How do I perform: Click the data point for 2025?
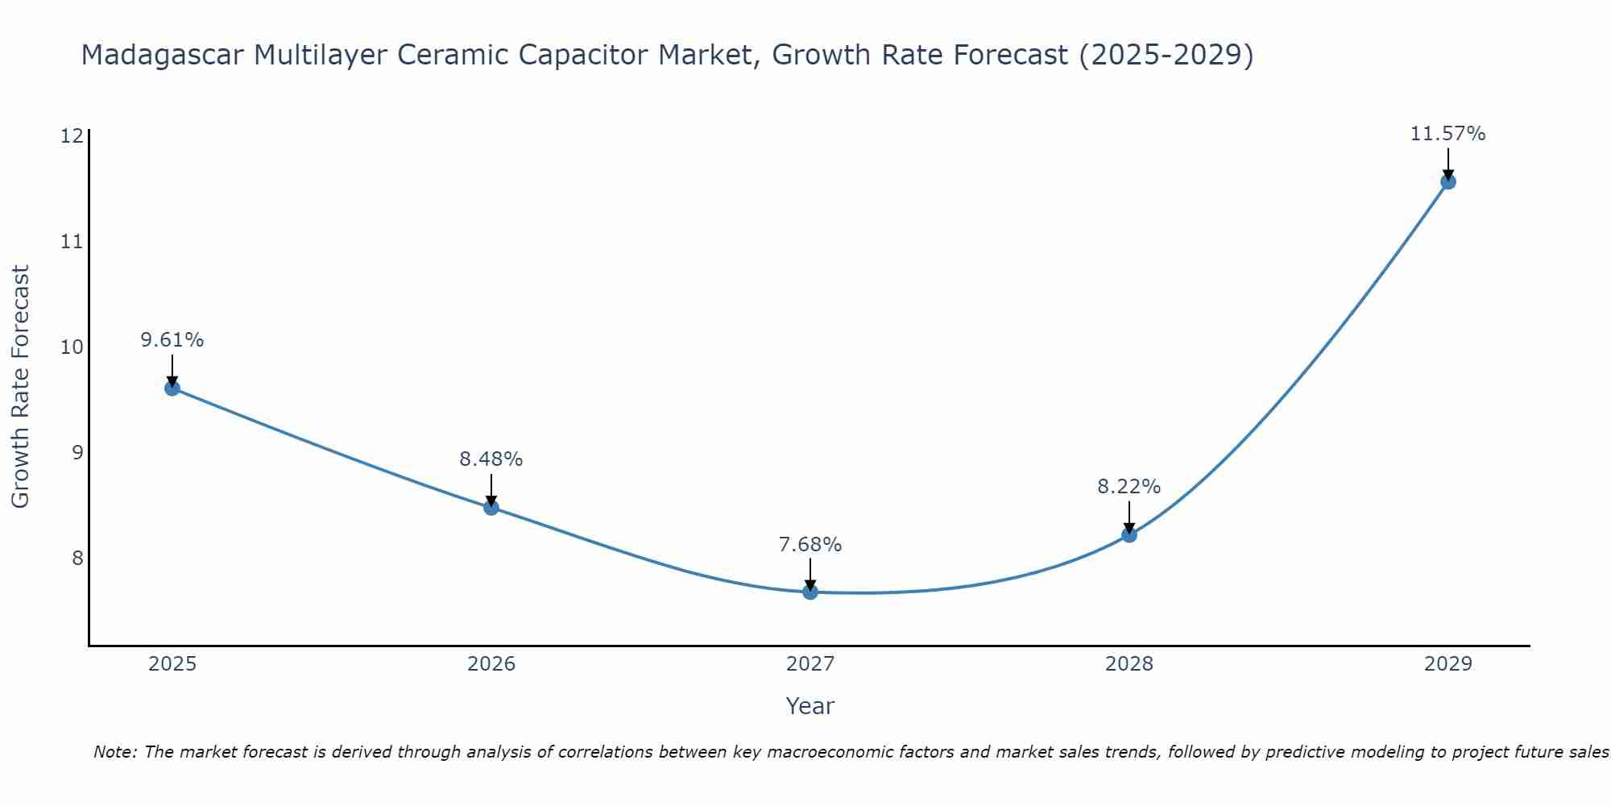[172, 388]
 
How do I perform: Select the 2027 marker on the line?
[810, 592]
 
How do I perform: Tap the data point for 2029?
[1447, 181]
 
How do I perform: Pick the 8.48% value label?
[491, 459]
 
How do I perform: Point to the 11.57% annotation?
[1447, 134]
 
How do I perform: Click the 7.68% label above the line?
[810, 545]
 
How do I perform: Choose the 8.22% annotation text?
[1129, 487]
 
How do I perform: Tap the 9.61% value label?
[172, 340]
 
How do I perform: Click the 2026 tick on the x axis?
[491, 664]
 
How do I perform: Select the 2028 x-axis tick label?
[1129, 664]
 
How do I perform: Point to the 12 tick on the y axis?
[72, 135]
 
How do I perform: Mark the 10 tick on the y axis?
[72, 347]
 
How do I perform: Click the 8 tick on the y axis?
[77, 559]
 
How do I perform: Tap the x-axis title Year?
[810, 706]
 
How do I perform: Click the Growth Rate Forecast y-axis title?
[21, 387]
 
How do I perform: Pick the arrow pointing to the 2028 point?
[1129, 517]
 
